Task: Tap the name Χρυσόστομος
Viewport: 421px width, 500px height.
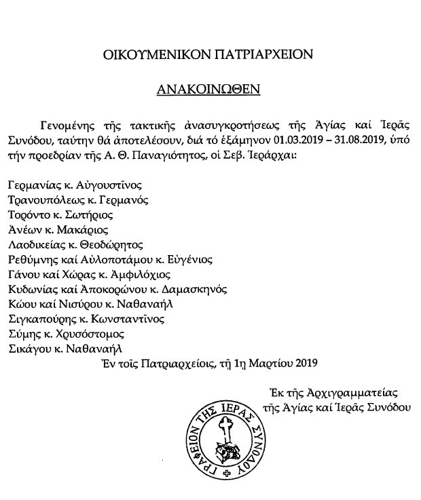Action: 91,334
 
